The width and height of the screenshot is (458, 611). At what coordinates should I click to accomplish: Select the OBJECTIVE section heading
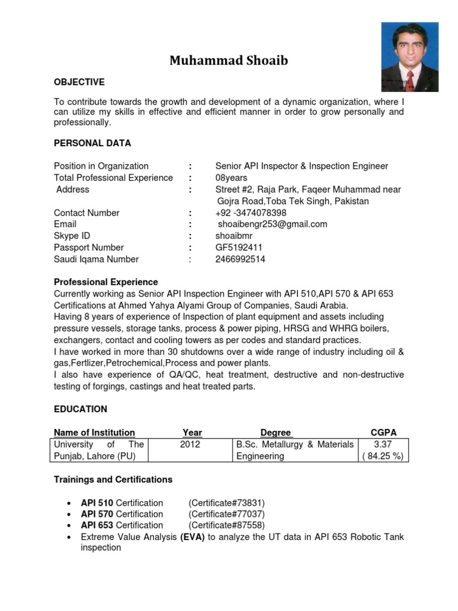(79, 82)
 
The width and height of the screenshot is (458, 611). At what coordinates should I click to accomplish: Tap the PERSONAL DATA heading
(92, 143)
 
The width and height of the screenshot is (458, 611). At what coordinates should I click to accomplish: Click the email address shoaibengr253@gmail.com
(273, 224)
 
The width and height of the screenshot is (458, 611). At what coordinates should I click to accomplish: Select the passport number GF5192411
(240, 248)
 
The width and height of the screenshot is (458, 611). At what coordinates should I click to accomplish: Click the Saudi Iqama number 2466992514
(240, 260)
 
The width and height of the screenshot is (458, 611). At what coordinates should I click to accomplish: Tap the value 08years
(231, 178)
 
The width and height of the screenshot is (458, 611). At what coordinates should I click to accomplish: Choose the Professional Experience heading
(106, 282)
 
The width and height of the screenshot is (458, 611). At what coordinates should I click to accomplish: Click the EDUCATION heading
(81, 409)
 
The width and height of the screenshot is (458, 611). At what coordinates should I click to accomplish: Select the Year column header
(192, 433)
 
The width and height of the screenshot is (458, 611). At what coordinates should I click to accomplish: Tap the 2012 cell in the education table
(190, 445)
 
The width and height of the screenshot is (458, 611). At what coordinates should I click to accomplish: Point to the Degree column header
(276, 433)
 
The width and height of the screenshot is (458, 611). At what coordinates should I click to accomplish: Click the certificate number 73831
(227, 502)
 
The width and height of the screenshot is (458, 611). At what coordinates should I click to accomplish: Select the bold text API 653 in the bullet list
(97, 525)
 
